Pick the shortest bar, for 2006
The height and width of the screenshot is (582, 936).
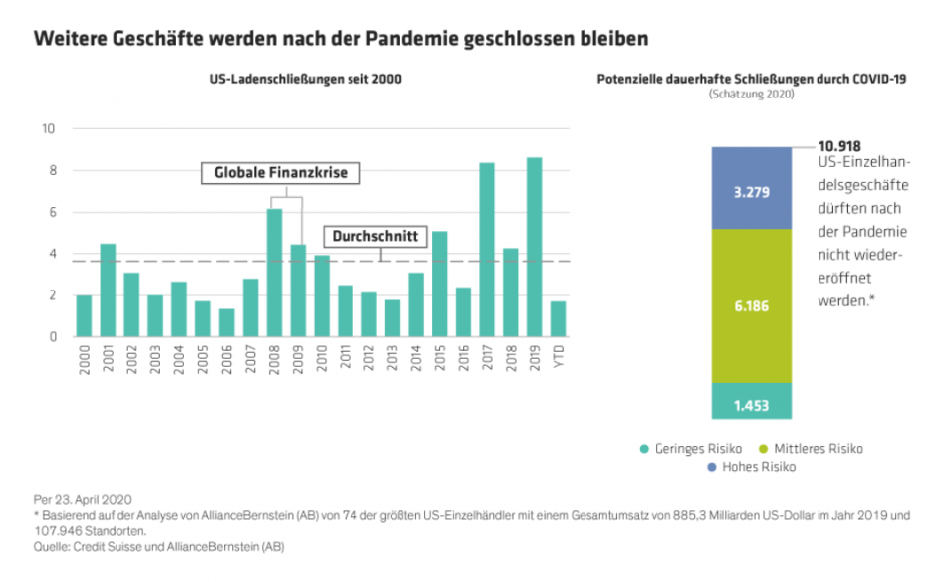tap(227, 322)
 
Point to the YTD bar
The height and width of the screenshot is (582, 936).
tap(558, 318)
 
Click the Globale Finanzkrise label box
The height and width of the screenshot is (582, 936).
tap(281, 173)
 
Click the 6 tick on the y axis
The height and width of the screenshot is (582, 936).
tap(50, 213)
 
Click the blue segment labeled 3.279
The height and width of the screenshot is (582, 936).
tap(752, 189)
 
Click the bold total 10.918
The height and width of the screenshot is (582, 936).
tap(840, 145)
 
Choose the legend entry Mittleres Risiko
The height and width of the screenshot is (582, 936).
tap(809, 449)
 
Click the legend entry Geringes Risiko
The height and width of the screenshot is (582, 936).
tap(686, 449)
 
